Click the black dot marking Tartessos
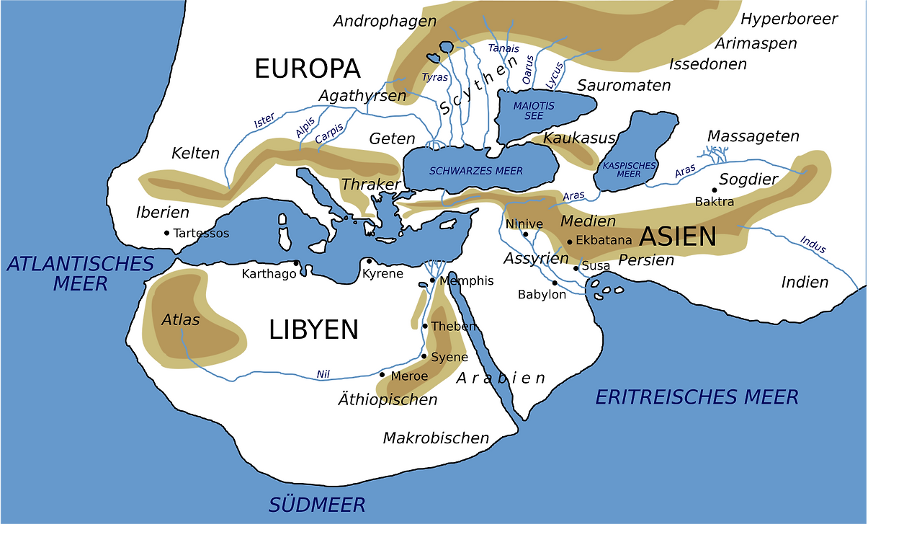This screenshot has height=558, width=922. [166, 233]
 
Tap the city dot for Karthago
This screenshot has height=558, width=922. [296, 263]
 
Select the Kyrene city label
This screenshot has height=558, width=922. [382, 274]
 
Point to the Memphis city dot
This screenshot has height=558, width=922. [432, 280]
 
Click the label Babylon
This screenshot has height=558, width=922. [542, 294]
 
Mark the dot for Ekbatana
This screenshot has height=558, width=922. [569, 242]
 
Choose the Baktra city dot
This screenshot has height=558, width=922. [715, 190]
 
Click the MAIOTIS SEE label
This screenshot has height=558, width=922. [534, 111]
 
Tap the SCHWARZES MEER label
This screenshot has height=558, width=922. [475, 171]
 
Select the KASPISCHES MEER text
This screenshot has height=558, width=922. [629, 169]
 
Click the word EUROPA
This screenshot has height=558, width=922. [307, 69]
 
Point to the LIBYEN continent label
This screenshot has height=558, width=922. [313, 330]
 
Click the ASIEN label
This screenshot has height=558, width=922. [678, 236]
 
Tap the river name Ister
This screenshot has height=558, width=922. [264, 121]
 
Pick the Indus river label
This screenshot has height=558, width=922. [813, 245]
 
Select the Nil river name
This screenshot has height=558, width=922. [323, 374]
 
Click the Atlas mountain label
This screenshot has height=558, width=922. [180, 319]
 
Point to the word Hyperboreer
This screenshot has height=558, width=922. [789, 19]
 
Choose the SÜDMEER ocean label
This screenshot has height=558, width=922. [317, 505]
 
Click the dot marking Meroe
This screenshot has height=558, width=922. [382, 375]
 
